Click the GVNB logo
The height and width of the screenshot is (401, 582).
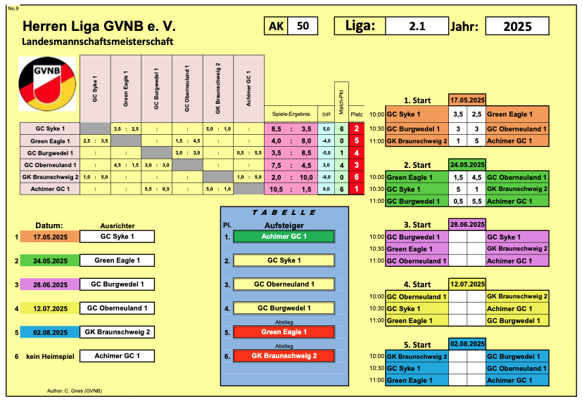pos(47,84)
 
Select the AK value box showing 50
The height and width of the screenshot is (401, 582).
pos(303,26)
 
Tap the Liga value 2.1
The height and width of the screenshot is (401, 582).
pos(417,26)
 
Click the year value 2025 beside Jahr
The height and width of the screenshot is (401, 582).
pos(517,26)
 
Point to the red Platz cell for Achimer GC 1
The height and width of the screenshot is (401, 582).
pos(357,189)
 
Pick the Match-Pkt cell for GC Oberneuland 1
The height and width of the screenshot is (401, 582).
pos(341,165)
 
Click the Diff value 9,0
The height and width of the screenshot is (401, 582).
pos(327,189)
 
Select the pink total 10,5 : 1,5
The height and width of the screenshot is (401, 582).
pos(291,189)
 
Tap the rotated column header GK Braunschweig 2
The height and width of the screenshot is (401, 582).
pos(218,88)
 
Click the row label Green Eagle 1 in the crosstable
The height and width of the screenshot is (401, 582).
pos(50,141)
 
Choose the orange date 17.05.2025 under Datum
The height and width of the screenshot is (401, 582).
pos(50,237)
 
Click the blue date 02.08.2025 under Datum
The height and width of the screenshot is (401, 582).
pos(50,332)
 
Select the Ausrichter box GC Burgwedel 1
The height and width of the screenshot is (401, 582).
pos(118,284)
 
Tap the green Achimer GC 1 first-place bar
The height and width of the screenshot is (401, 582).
pos(284,237)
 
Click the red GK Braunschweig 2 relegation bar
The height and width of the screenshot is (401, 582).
pos(284,356)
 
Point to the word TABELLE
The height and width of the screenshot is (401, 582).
pos(284,213)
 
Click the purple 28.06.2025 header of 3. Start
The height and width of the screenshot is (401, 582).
pos(467,225)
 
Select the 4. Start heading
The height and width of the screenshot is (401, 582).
pos(417,284)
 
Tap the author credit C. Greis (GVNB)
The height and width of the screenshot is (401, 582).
pos(75,390)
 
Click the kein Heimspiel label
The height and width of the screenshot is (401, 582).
pos(50,357)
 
